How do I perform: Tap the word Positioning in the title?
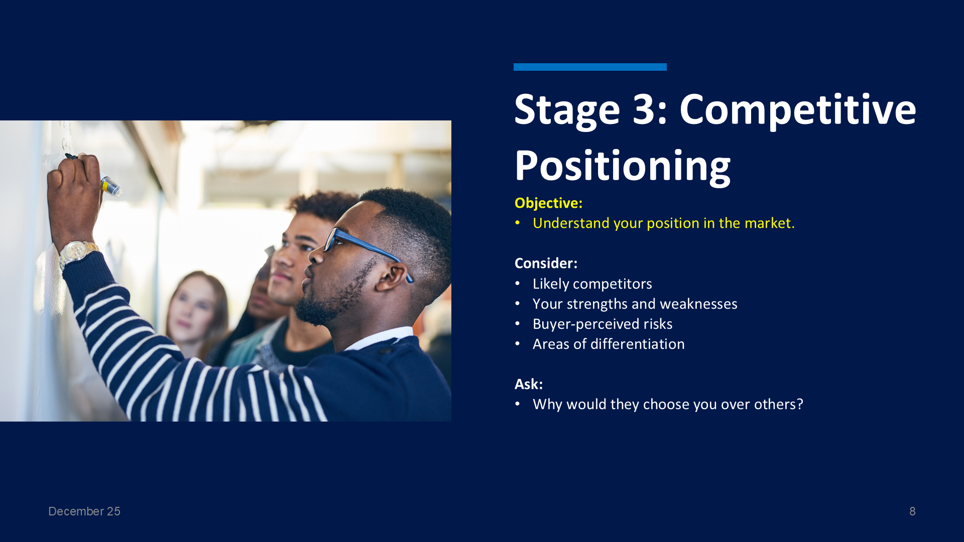(623, 166)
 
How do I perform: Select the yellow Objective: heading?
(548, 203)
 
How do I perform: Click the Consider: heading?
(546, 263)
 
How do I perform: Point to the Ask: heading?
(529, 384)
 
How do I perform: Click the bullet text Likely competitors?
(592, 284)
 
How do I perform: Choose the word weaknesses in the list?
(698, 304)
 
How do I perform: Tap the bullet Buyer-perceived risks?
(602, 324)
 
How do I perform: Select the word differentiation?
(638, 344)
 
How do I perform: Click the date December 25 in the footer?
(84, 511)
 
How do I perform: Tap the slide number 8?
(912, 511)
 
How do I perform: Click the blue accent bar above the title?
(590, 67)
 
